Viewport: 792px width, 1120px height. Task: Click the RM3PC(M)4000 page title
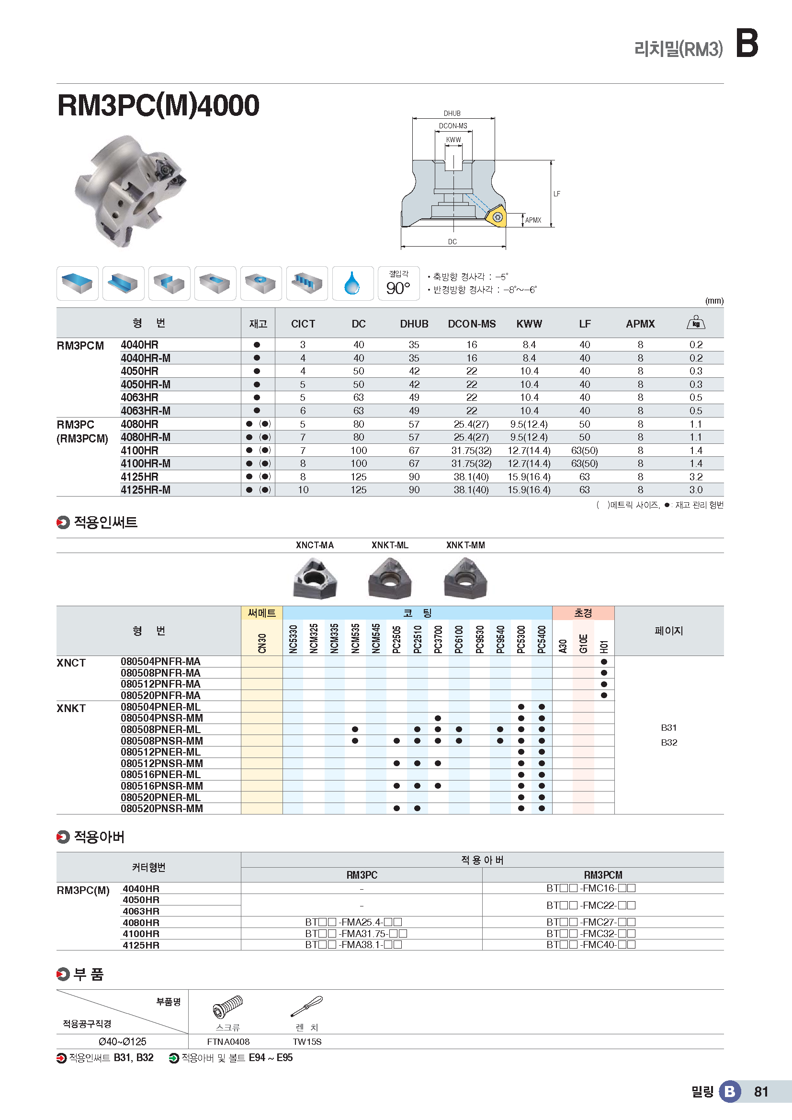[158, 105]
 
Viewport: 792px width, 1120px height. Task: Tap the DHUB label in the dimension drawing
[452, 113]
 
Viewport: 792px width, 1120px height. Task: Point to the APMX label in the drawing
[533, 220]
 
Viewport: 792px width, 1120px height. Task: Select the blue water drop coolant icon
[352, 283]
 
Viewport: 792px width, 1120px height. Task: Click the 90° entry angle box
[398, 283]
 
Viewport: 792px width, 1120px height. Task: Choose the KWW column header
[529, 324]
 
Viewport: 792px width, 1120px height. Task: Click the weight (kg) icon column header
[695, 323]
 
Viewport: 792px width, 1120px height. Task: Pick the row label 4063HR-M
[146, 411]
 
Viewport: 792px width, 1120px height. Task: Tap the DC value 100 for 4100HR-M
[359, 464]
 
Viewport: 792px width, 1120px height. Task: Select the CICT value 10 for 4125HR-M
[303, 490]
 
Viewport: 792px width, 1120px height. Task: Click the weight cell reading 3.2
[695, 476]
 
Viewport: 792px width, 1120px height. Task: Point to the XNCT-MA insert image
[315, 579]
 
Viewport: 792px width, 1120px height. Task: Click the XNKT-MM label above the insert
[465, 545]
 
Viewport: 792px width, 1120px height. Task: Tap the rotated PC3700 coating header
[438, 639]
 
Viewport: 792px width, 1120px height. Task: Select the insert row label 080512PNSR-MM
[162, 763]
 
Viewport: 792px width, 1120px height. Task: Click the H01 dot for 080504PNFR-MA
[604, 662]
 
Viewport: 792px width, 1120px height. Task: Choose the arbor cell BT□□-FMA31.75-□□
[356, 933]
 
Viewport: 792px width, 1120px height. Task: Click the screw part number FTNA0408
[228, 1041]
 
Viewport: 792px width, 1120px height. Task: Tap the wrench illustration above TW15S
[307, 1007]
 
